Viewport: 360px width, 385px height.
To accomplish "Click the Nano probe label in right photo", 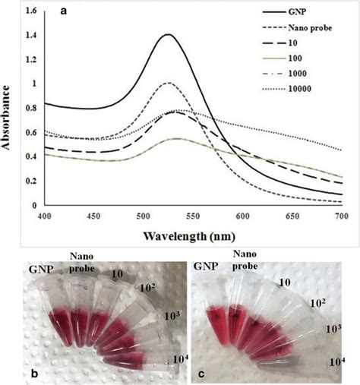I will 245,262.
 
